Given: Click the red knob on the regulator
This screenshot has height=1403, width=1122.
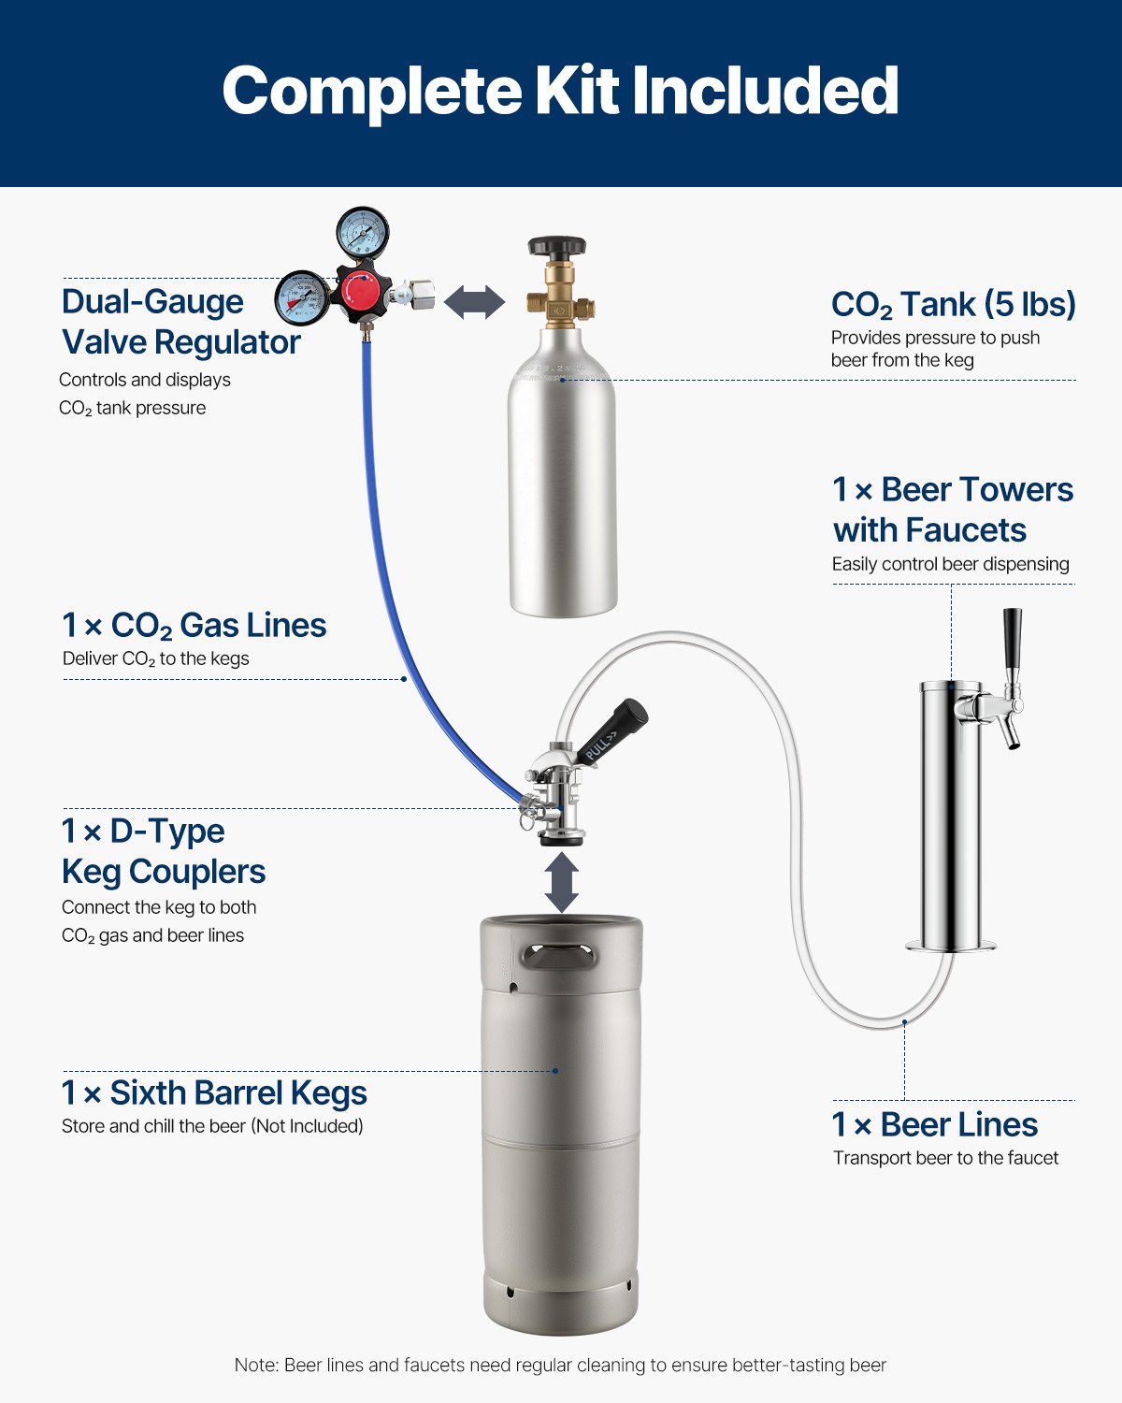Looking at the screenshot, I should (360, 291).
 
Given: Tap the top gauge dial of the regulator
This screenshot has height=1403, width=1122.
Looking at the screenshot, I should (362, 233).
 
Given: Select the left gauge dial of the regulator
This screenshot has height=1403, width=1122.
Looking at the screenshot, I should (302, 298).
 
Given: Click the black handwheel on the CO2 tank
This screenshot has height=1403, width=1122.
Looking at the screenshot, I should (557, 247).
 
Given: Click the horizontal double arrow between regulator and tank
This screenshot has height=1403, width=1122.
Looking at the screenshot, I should (474, 302).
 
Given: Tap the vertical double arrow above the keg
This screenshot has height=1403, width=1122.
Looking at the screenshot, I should (561, 882).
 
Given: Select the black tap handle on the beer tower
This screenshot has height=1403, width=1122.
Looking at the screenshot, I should (1012, 639).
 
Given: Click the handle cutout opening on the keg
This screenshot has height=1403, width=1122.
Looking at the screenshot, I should (559, 958).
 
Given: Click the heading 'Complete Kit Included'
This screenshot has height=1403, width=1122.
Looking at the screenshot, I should (560, 91).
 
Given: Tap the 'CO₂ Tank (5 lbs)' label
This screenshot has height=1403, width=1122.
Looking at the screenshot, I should (953, 305).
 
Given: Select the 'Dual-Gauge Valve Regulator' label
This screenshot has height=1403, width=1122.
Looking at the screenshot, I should (180, 322).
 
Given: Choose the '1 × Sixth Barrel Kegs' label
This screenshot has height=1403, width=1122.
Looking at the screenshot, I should (214, 1092).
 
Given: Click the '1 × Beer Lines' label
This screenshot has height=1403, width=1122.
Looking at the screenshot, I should (935, 1124).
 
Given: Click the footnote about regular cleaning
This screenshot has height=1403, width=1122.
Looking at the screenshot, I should (560, 1365).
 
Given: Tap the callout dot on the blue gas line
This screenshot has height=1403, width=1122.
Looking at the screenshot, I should (404, 679).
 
